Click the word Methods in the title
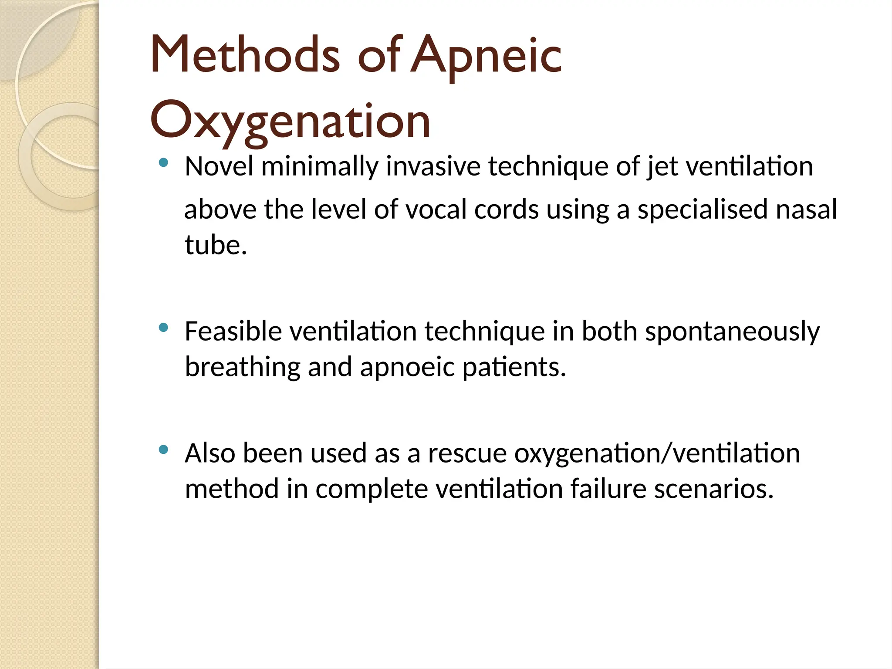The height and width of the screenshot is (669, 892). click(244, 55)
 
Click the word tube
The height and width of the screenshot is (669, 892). click(216, 245)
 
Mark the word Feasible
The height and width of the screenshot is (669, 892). click(233, 331)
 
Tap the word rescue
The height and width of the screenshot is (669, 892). click(467, 453)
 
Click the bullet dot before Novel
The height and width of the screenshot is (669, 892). click(164, 163)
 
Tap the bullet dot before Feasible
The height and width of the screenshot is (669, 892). click(164, 328)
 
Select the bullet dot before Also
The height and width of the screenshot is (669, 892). click(164, 449)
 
